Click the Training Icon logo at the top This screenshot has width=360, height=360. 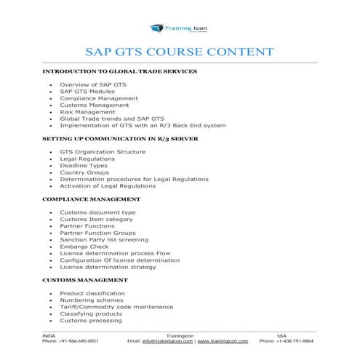tap(179, 28)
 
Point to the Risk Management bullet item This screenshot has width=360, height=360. tap(87, 111)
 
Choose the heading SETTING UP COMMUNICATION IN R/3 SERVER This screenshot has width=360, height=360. tap(121, 138)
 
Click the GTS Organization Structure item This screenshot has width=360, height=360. tap(103, 151)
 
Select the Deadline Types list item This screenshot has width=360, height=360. tap(84, 165)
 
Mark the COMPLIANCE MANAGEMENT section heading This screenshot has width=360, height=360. tap(92, 199)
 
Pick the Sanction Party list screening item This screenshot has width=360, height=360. tap(104, 239)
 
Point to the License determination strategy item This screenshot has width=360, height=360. tap(108, 266)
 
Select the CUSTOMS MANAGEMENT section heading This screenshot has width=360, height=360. tap(85, 279)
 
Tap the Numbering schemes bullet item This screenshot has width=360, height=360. tap(92, 300)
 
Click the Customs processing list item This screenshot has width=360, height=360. tap(91, 320)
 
